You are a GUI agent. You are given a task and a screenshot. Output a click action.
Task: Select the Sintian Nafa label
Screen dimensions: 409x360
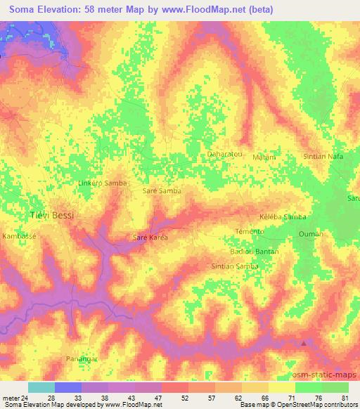[x=323, y=156]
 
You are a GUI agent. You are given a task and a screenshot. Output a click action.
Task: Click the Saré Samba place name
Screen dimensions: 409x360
[x=162, y=190]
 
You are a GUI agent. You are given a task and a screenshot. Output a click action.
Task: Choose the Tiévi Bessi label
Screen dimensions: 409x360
[x=50, y=214]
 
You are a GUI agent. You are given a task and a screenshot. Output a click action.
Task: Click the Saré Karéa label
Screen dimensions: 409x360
[x=150, y=238]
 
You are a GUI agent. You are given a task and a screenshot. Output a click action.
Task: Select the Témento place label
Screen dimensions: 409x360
[x=249, y=231]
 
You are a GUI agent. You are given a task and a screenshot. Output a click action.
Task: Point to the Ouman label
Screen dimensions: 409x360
[x=310, y=234]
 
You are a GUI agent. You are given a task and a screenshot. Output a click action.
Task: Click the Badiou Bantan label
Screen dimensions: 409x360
[x=254, y=251]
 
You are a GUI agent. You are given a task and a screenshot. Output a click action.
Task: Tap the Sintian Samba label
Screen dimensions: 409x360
[x=235, y=266]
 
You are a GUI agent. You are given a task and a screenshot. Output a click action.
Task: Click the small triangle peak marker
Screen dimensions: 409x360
[x=304, y=343]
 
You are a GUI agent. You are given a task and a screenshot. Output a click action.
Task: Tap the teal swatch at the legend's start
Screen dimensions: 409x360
[x=41, y=387]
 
